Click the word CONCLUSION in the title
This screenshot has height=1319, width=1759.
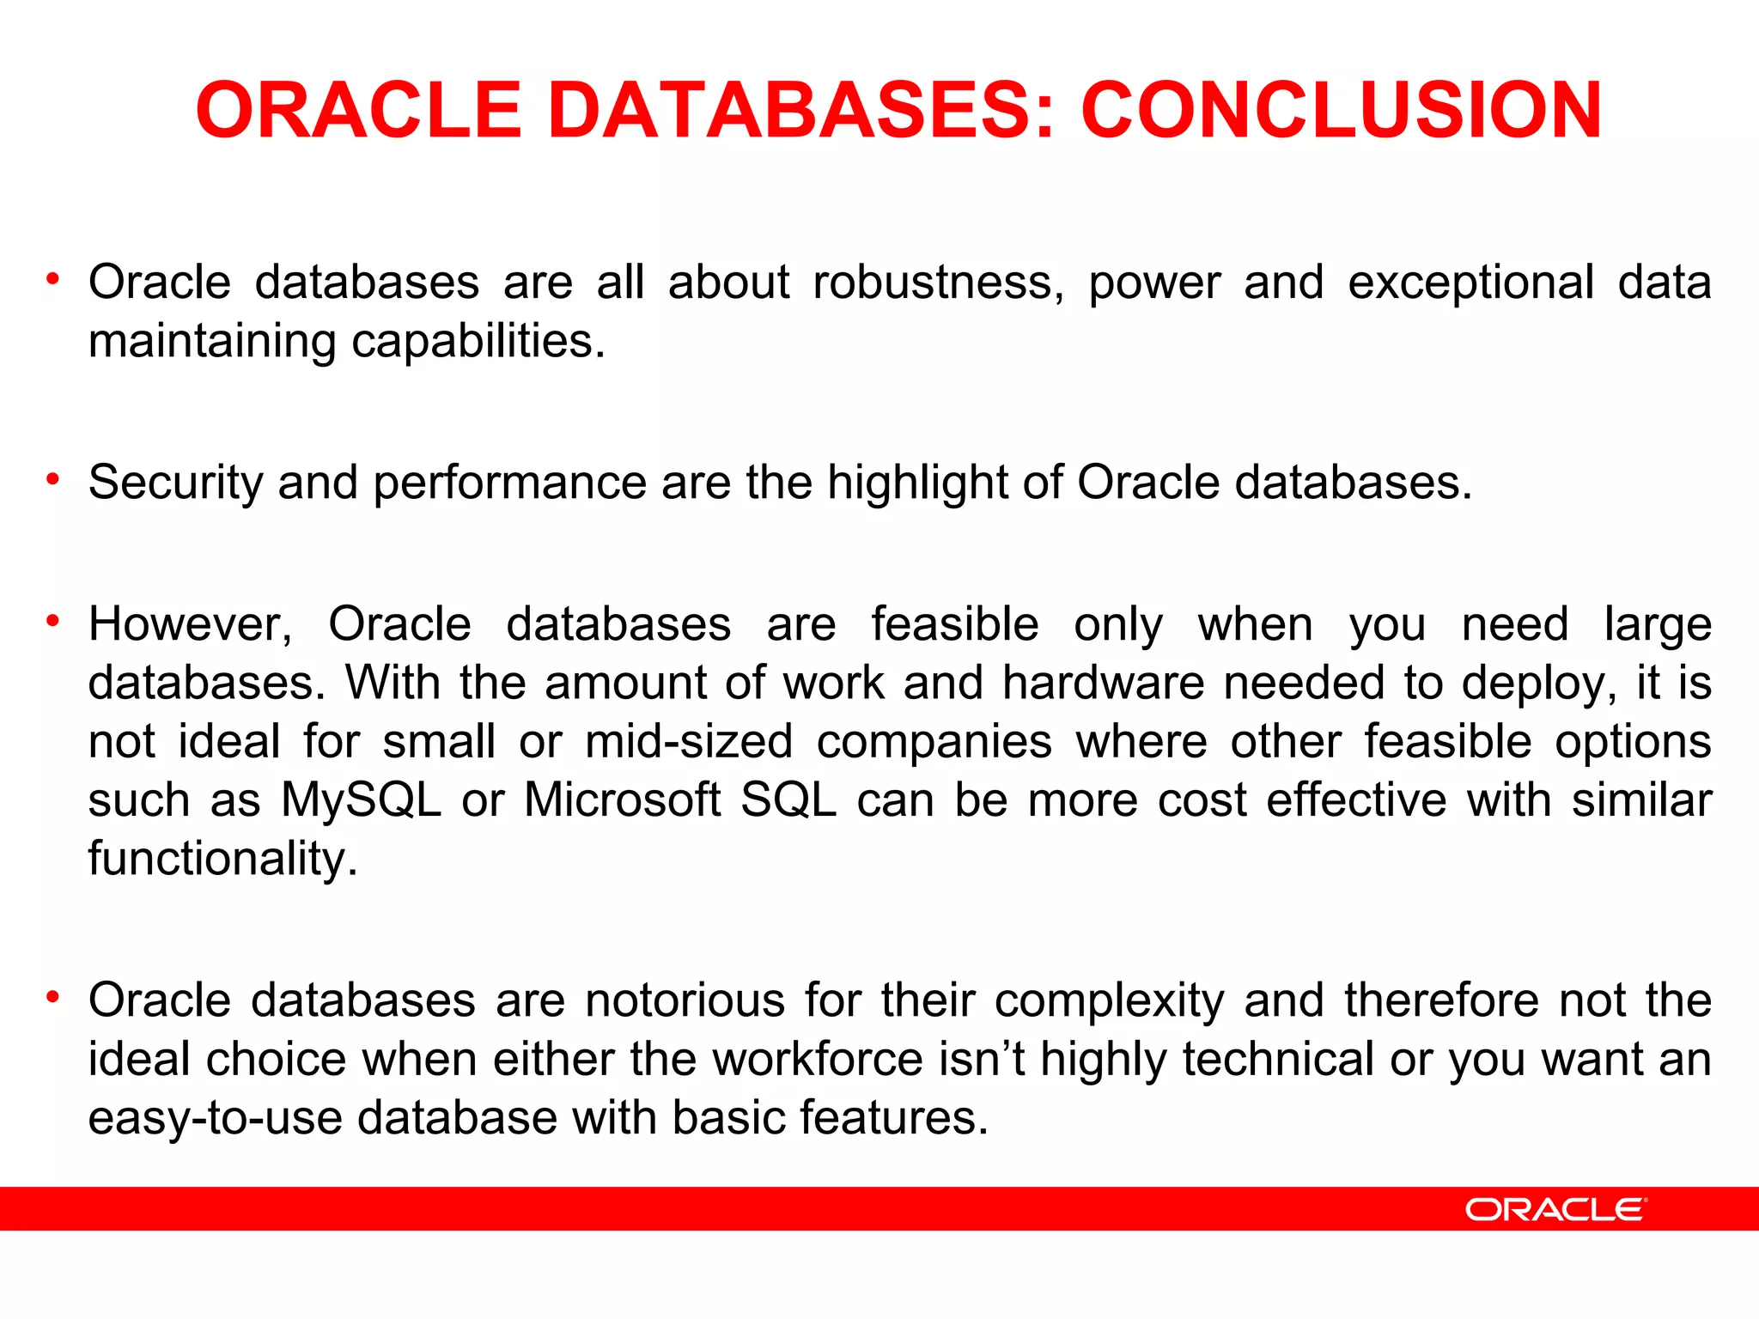click(1341, 110)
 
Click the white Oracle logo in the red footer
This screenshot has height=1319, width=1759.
click(1555, 1210)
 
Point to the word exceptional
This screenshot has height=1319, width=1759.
click(1470, 283)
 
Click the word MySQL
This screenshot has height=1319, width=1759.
click(361, 800)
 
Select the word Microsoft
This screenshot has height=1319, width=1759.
click(622, 800)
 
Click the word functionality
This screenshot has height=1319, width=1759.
click(222, 859)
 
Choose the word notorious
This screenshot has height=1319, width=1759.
click(685, 1001)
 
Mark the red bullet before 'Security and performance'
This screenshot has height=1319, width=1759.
click(53, 478)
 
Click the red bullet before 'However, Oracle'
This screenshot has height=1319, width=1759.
click(53, 620)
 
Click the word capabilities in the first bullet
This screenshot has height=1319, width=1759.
click(478, 342)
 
